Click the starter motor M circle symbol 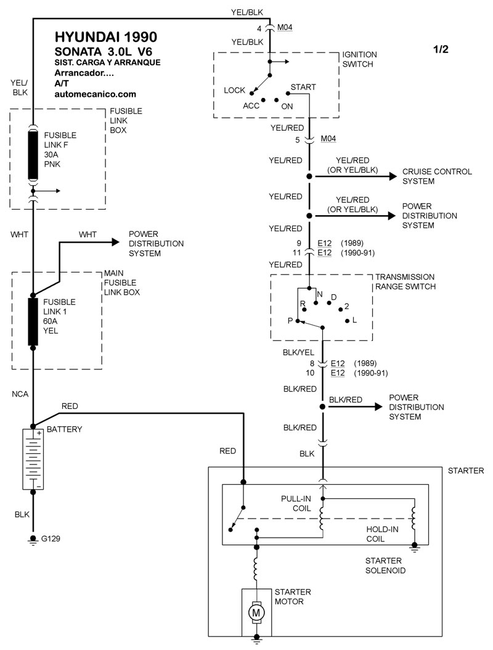click(256, 612)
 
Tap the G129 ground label click(51, 538)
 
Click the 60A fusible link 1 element click(33, 321)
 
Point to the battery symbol click(33, 459)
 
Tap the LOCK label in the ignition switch click(235, 90)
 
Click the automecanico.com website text click(95, 94)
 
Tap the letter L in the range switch click(354, 321)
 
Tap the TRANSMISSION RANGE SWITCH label click(405, 282)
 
